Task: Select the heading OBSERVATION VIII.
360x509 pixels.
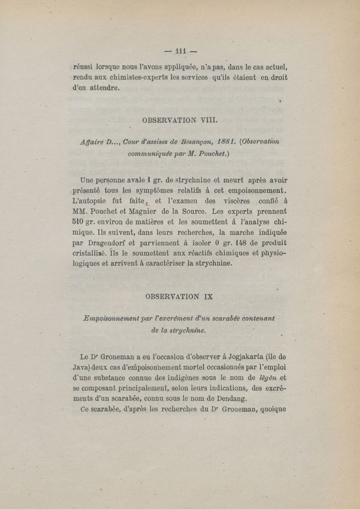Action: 180,120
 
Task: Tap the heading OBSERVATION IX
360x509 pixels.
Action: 180,297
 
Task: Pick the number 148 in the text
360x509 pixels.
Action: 225,243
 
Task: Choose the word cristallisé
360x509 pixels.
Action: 90,253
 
